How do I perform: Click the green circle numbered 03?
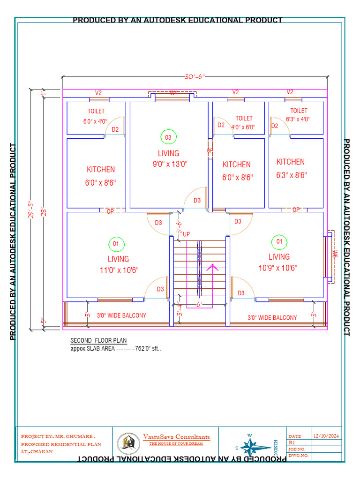[x=168, y=137]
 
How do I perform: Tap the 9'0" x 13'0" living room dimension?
[x=169, y=164]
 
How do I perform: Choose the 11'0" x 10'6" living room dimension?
[x=119, y=270]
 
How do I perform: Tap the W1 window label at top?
[x=173, y=93]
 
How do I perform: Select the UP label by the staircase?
[x=187, y=234]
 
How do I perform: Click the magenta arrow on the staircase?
[x=212, y=268]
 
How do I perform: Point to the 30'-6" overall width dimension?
[x=195, y=77]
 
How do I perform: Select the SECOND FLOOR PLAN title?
[x=98, y=340]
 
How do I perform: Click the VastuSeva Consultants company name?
[x=176, y=437]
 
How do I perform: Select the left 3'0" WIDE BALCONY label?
[x=121, y=315]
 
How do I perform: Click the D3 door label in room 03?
[x=197, y=200]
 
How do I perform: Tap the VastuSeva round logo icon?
[x=128, y=442]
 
